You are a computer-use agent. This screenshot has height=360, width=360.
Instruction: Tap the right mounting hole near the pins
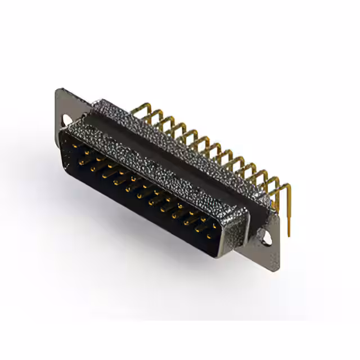click(266, 238)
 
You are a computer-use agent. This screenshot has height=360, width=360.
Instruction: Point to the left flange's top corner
click(58, 90)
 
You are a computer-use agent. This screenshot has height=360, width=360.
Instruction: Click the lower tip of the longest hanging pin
click(289, 235)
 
